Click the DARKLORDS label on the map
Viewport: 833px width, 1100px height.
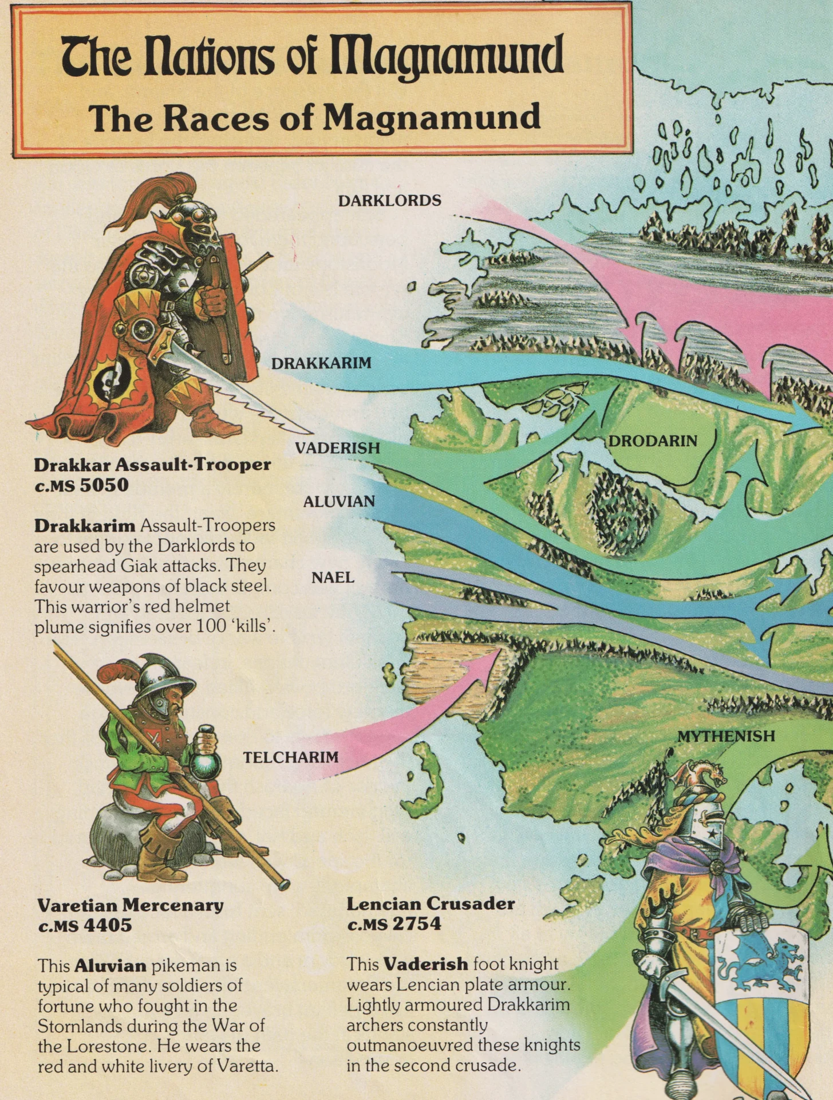click(389, 201)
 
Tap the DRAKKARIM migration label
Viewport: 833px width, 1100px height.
click(321, 363)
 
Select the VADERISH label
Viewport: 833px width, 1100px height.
click(337, 448)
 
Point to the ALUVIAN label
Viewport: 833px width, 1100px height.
click(339, 502)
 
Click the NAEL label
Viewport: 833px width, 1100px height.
click(333, 577)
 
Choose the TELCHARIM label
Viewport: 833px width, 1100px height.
click(291, 757)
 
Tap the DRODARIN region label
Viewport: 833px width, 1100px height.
click(653, 441)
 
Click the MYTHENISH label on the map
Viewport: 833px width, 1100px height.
click(726, 736)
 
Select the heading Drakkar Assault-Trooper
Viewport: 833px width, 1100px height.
click(152, 464)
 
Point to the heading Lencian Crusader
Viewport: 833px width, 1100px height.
click(431, 903)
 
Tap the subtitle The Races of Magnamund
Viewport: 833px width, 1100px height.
click(315, 117)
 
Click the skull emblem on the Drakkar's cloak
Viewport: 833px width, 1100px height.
click(108, 379)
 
